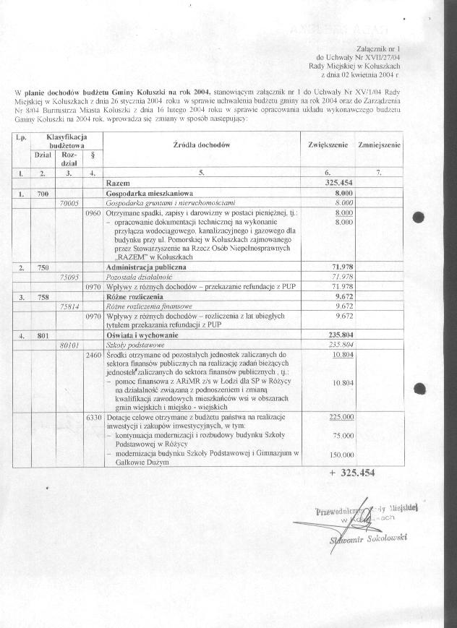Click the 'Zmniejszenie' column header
pos(379,145)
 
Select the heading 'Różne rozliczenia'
pos(134,296)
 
